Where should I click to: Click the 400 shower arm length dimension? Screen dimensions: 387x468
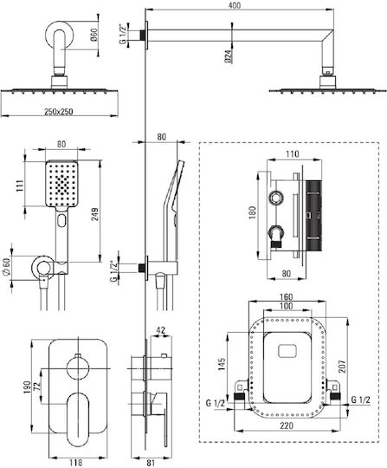click(x=235, y=6)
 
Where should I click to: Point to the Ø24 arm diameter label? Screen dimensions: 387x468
click(x=228, y=56)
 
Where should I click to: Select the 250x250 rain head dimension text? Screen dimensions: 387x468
click(x=58, y=112)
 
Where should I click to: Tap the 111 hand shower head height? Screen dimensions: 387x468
click(x=19, y=186)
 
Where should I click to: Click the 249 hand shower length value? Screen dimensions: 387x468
click(x=95, y=214)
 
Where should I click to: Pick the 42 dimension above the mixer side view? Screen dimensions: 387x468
click(x=161, y=330)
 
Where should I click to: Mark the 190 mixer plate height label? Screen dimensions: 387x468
click(x=28, y=387)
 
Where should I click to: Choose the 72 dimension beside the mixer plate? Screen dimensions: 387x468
click(x=36, y=387)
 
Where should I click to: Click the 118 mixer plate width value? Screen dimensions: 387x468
click(x=75, y=462)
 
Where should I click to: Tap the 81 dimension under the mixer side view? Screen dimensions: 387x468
click(x=151, y=463)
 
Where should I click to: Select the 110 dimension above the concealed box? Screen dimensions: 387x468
click(x=292, y=154)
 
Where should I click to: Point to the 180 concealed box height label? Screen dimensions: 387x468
click(x=252, y=212)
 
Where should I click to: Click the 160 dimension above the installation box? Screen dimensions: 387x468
click(x=287, y=297)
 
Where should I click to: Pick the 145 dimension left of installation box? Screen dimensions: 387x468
click(x=222, y=364)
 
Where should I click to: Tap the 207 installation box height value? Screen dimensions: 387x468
click(x=342, y=367)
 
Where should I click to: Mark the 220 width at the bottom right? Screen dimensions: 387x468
click(x=287, y=426)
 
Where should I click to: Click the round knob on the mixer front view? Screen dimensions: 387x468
click(x=78, y=368)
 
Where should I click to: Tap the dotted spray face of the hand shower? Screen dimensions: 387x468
click(x=61, y=183)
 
